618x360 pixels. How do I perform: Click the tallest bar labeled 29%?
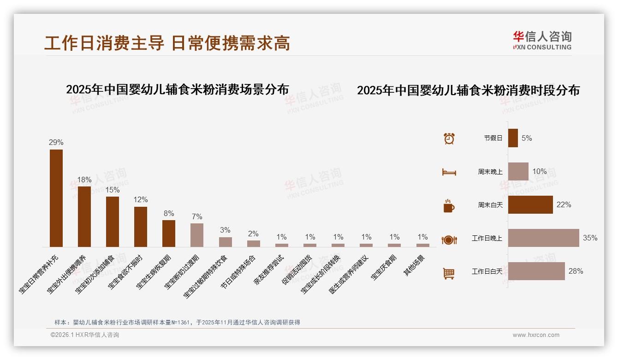[x=56, y=198]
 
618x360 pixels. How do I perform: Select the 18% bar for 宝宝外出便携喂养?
[x=84, y=217]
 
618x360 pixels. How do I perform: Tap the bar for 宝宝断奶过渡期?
[x=197, y=235]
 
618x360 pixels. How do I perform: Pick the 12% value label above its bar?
[x=141, y=200]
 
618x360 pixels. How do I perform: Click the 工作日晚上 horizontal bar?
[x=543, y=238]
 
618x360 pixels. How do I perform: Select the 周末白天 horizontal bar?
[x=530, y=205]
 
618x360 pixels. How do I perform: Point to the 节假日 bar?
[x=513, y=138]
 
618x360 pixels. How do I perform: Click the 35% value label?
[x=590, y=238]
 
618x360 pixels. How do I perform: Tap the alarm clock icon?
[x=449, y=138]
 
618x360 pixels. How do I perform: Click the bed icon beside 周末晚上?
[x=449, y=172]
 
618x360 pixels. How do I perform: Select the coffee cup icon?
[x=449, y=206]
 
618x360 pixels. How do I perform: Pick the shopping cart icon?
[x=449, y=273]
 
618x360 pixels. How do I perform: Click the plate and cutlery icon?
[x=449, y=240]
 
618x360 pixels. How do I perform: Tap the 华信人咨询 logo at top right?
[x=542, y=40]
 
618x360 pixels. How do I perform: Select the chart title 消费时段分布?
[x=468, y=90]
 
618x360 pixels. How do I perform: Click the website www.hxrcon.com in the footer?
[x=536, y=335]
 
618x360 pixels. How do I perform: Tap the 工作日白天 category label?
[x=487, y=271]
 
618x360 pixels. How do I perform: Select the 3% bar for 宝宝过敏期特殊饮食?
[x=226, y=242]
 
